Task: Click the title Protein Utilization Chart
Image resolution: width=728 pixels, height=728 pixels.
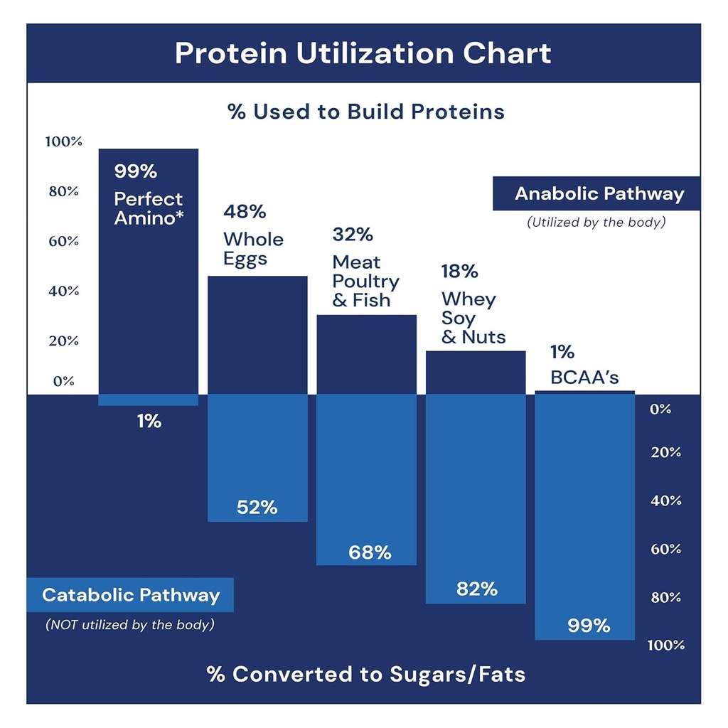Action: coord(363,54)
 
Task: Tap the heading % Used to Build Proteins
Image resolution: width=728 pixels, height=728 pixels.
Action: coord(365,112)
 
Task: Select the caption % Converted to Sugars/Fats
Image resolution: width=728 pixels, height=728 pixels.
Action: coord(365,674)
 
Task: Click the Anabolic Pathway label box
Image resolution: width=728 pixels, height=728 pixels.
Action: coord(597,194)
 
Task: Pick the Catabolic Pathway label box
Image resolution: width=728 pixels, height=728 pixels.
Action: coord(130,595)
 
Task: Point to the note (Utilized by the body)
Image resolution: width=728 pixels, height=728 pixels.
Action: coord(596,223)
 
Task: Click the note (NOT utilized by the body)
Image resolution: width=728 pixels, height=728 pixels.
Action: coord(130,625)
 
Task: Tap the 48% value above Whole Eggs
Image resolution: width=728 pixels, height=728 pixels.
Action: coord(245,211)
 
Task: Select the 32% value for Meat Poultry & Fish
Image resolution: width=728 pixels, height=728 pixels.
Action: coord(353,234)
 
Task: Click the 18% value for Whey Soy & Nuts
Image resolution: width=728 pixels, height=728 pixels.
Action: coord(459,272)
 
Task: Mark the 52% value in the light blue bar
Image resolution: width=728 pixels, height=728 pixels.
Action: coord(257,508)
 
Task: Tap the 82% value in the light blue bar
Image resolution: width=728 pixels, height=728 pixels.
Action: coord(476,589)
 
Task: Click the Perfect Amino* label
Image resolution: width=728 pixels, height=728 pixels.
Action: coord(149,208)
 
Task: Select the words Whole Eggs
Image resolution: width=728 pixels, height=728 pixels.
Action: coord(253,249)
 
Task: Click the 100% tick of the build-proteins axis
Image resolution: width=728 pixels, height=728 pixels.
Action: coord(64,141)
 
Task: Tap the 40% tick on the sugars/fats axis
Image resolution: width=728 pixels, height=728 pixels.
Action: coord(665,500)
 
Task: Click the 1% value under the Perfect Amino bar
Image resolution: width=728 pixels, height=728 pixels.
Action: coord(149,422)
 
